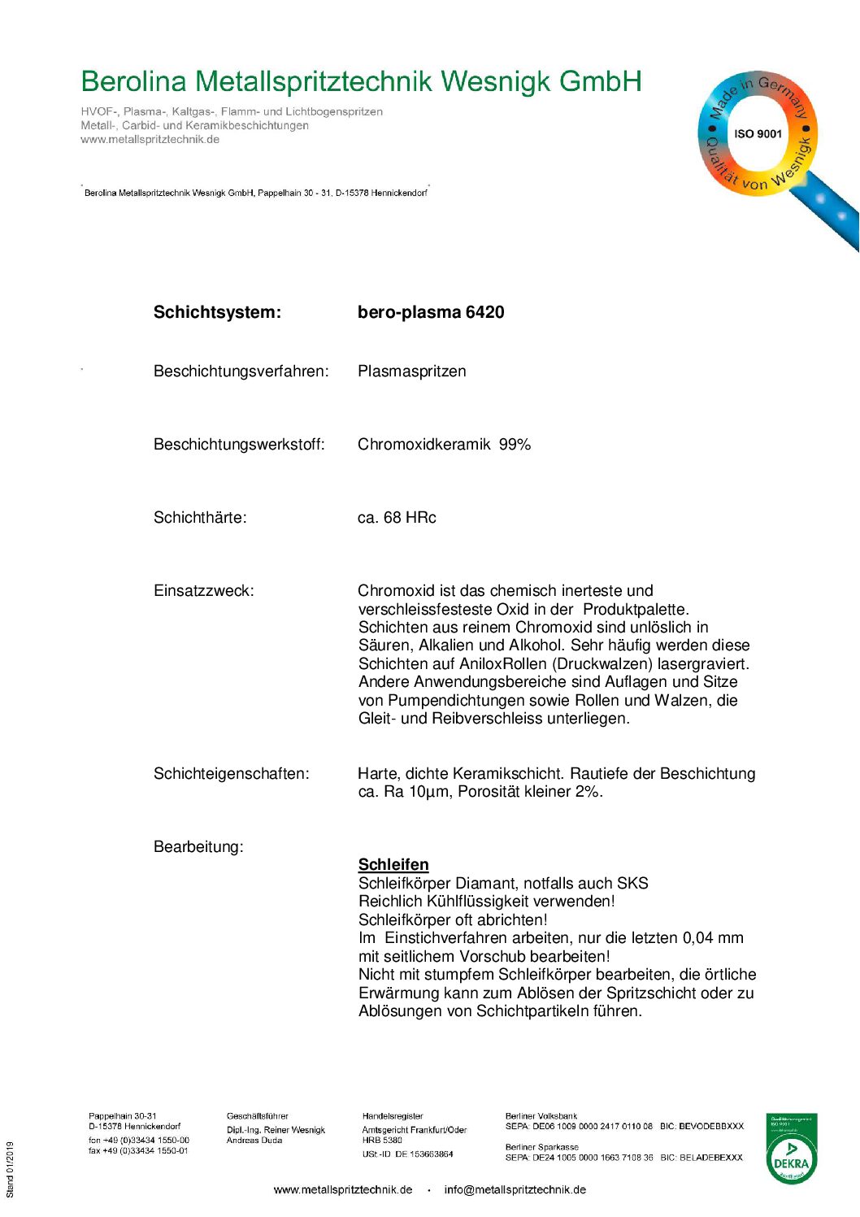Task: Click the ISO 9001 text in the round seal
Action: point(758,134)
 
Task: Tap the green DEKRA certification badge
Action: point(791,1148)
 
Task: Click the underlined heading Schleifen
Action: point(393,864)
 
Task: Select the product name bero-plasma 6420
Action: point(431,312)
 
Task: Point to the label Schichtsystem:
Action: point(217,312)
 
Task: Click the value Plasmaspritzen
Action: point(411,372)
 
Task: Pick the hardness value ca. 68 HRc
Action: point(397,518)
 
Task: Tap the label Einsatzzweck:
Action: point(203,591)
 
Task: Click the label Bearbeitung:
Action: point(198,847)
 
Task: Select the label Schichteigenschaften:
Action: point(231,774)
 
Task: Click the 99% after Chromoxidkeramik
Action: point(515,445)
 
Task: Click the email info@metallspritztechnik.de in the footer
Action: point(515,1189)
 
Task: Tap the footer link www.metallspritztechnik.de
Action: point(342,1189)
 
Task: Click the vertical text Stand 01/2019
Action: point(11,1169)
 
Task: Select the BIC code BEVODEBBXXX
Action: point(711,1127)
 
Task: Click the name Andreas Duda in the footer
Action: point(254,1141)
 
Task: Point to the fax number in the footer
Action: point(138,1151)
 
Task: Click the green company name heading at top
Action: point(361,81)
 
